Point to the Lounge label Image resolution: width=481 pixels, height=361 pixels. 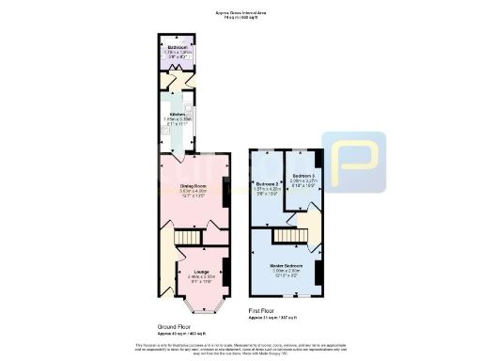[x=201, y=272]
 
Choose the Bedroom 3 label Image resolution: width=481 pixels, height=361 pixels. [x=303, y=176]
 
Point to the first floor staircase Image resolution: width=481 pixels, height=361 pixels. [x=290, y=228]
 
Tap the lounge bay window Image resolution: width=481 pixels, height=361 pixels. [x=200, y=306]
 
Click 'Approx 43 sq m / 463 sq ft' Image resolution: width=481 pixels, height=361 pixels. [x=168, y=334]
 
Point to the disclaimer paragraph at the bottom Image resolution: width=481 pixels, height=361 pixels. [x=240, y=348]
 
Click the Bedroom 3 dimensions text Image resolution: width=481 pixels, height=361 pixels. [x=303, y=183]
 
